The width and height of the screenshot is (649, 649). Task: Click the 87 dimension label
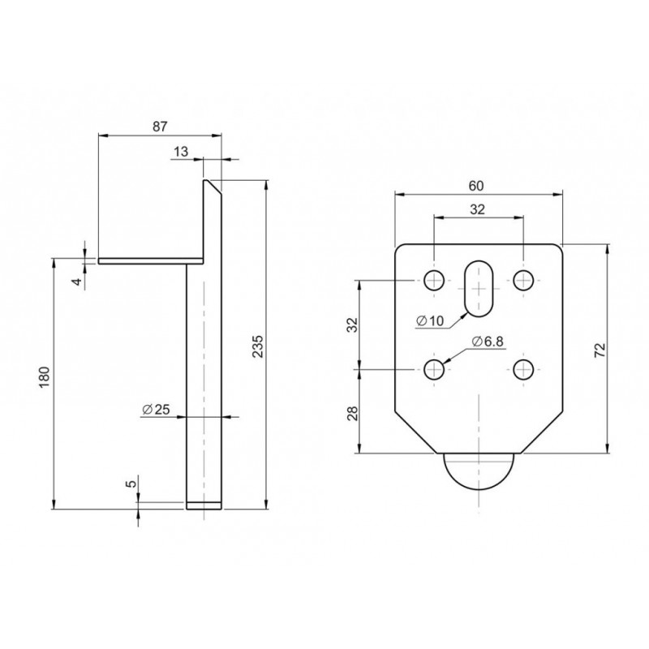tap(160, 127)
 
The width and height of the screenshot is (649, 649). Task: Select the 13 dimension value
tap(181, 152)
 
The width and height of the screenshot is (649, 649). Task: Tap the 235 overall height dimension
tap(257, 347)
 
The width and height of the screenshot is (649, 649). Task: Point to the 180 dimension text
tap(45, 377)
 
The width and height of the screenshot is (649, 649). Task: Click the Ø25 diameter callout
tap(156, 410)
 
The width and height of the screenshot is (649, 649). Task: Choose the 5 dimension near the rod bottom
tap(131, 484)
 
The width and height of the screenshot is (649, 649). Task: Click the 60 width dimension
tap(476, 186)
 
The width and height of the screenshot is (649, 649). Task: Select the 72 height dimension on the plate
tap(600, 350)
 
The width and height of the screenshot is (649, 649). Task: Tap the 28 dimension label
tap(352, 413)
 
